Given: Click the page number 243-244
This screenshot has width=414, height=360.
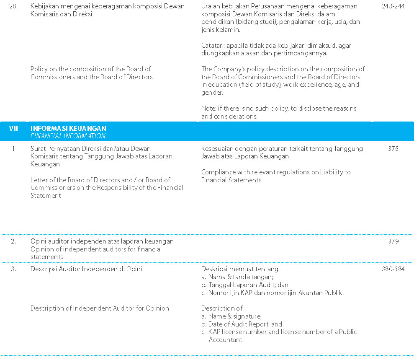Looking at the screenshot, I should click(393, 6).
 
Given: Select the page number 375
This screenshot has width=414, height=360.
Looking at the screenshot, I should click(393, 148).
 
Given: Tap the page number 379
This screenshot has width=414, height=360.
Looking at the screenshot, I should click(393, 241).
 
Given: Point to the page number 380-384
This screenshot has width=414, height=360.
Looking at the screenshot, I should click(393, 269).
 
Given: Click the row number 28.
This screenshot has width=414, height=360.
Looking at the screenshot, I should click(13, 6).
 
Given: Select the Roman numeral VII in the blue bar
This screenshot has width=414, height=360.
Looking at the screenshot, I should click(13, 128).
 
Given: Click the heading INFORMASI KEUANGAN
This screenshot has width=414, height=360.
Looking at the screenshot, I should click(68, 128).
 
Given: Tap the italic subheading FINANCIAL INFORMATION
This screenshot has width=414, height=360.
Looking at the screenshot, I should click(68, 136).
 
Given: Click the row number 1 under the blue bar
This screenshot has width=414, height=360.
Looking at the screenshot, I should click(13, 148).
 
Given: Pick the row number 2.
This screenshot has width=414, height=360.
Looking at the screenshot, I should click(13, 241).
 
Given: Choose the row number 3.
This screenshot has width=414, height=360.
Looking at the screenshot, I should click(13, 269).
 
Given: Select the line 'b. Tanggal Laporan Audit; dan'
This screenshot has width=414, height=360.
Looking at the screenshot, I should click(245, 285).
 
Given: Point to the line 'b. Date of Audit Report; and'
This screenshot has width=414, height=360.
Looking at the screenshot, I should click(242, 324).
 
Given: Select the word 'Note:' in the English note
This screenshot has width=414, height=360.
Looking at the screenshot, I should click(208, 109).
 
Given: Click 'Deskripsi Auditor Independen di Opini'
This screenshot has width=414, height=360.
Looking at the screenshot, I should click(86, 269).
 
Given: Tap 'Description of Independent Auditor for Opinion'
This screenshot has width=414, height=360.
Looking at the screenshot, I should click(100, 308).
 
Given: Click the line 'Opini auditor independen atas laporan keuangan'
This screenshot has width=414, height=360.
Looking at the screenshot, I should click(102, 241).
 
